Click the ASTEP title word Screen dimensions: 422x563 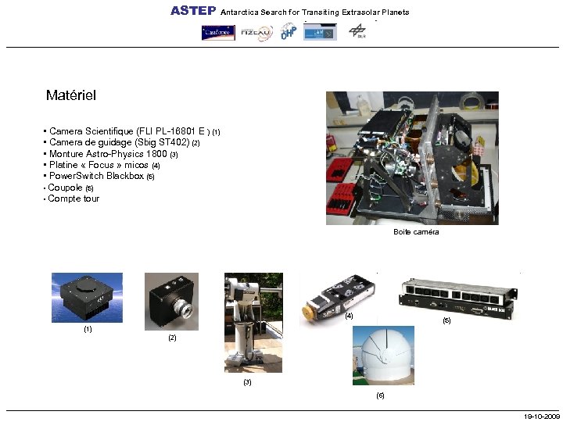(x=193, y=11)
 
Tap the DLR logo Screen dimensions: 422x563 (x=357, y=32)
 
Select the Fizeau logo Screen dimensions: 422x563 (x=256, y=33)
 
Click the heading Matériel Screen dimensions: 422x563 (x=70, y=95)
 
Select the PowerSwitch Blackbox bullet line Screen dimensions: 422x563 (x=99, y=177)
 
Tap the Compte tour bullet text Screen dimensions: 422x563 (x=74, y=198)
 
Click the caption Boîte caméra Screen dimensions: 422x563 (x=416, y=232)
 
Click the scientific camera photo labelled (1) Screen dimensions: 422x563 (x=87, y=298)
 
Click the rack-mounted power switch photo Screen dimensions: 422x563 (x=460, y=296)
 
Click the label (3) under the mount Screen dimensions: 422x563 (x=247, y=382)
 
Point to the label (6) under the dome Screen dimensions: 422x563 (x=380, y=395)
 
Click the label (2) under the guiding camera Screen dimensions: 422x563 (x=172, y=338)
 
